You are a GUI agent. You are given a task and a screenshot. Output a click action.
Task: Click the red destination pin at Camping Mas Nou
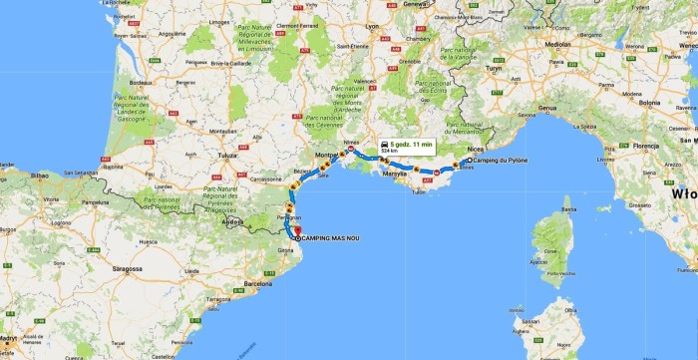point(297,233)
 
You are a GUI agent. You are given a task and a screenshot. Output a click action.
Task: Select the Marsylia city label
point(395,174)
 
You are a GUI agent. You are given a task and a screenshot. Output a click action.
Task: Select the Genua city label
point(546,107)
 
